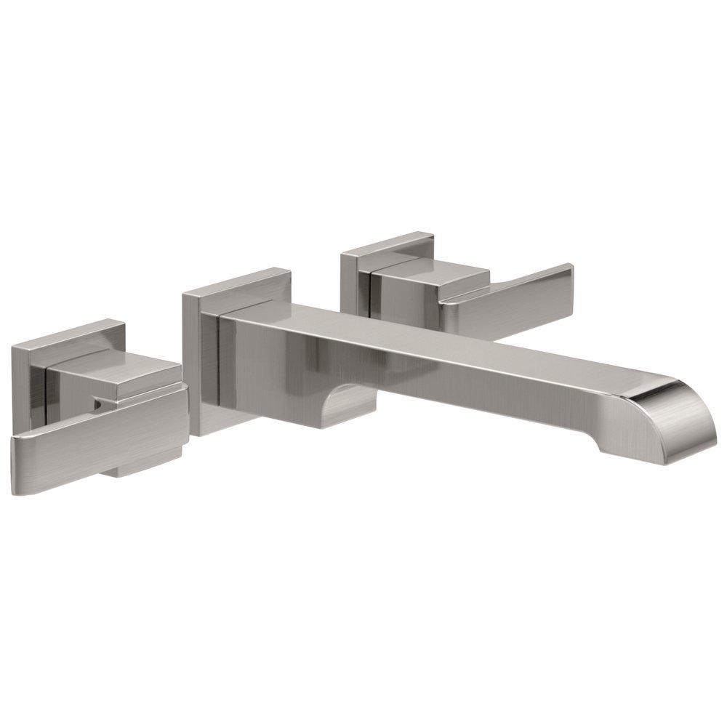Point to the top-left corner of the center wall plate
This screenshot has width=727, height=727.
pyautogui.click(x=184, y=294)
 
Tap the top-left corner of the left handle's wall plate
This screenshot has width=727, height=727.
pyautogui.click(x=13, y=347)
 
